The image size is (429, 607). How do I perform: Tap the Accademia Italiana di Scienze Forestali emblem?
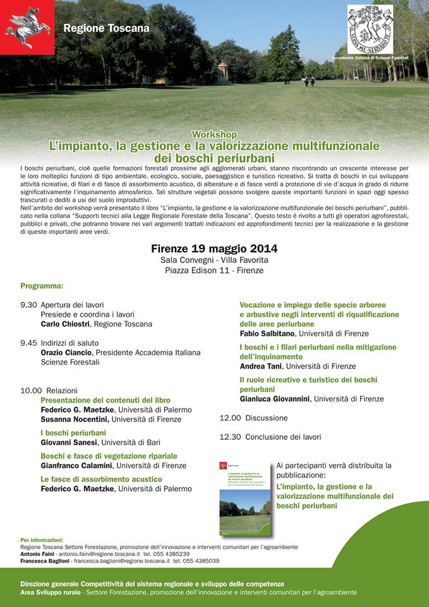click(370, 29)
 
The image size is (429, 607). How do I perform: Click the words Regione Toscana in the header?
click(106, 28)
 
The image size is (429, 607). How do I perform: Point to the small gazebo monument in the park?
click(222, 73)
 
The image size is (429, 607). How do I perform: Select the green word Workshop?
click(214, 135)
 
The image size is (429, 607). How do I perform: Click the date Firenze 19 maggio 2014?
click(214, 248)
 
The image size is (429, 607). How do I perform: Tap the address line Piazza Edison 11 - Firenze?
click(214, 271)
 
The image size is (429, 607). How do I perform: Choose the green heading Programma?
click(42, 286)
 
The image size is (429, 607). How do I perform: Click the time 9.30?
click(28, 305)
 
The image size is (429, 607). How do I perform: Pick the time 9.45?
click(28, 343)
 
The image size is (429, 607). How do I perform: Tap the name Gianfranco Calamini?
click(77, 465)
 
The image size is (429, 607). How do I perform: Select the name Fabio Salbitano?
click(268, 333)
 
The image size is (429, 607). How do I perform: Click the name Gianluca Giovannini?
click(275, 399)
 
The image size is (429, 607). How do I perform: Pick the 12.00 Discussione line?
click(253, 418)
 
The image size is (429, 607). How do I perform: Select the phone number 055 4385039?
click(199, 561)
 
